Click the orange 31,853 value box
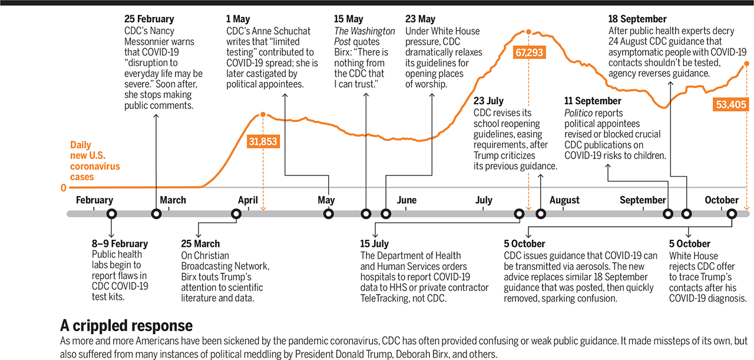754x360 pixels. pyautogui.click(x=263, y=141)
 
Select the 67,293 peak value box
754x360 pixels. pyautogui.click(x=529, y=52)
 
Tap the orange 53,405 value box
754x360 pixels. pyautogui.click(x=730, y=104)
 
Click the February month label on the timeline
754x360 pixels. pyautogui.click(x=94, y=200)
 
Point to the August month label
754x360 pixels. pyautogui.click(x=564, y=200)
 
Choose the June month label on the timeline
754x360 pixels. pyautogui.click(x=406, y=200)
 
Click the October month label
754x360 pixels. pyautogui.click(x=722, y=200)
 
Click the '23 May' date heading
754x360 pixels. pyautogui.click(x=421, y=19)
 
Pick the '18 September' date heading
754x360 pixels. pyautogui.click(x=638, y=19)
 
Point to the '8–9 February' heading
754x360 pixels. pyautogui.click(x=120, y=244)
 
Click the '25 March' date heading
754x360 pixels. pyautogui.click(x=200, y=244)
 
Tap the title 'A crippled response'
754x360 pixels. pyautogui.click(x=126, y=326)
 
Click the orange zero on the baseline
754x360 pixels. pyautogui.click(x=64, y=188)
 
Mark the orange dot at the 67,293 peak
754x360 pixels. pyautogui.click(x=529, y=32)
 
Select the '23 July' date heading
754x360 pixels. pyautogui.click(x=489, y=101)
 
